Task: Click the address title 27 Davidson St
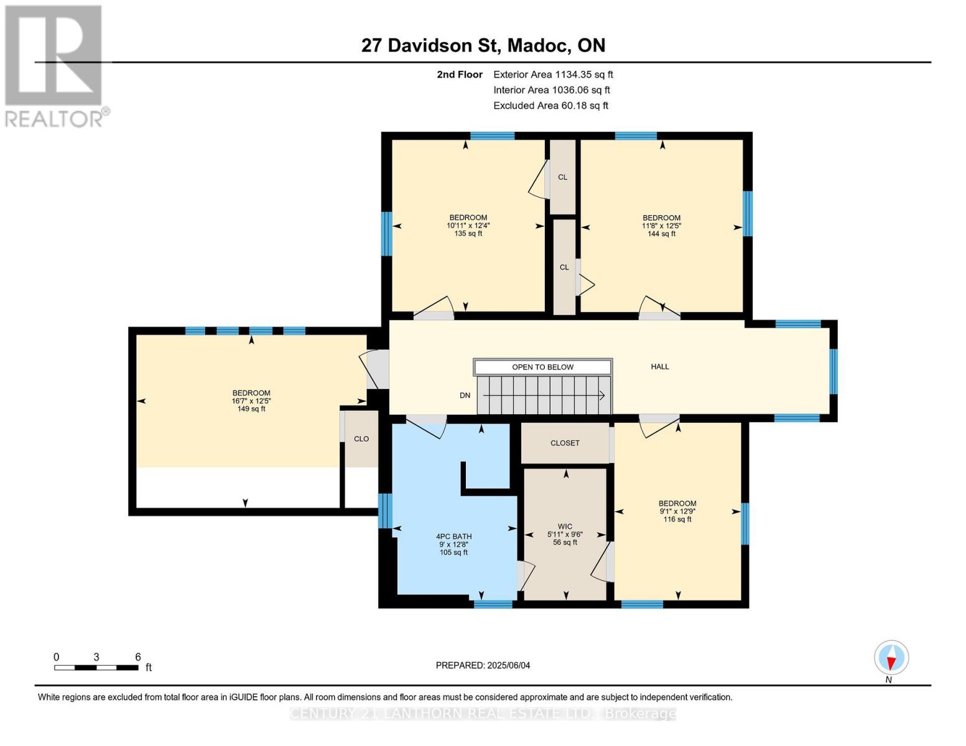pos(483,45)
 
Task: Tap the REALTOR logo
pos(56,66)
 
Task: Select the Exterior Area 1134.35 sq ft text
pos(553,75)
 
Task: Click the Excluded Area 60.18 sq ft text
pos(550,106)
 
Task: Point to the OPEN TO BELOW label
pos(542,367)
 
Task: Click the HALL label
pos(660,367)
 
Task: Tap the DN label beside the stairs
pos(465,396)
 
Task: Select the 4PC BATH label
pos(453,536)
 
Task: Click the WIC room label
pos(565,527)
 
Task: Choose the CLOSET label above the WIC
pos(565,443)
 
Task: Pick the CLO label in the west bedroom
pos(361,439)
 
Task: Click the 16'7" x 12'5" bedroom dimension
pos(251,401)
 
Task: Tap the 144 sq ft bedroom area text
pos(661,234)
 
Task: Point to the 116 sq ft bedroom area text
pos(677,520)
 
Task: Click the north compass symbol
pos(891,658)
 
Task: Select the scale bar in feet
pos(96,668)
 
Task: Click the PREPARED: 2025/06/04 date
pos(483,666)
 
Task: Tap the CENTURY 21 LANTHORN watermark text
pos(483,714)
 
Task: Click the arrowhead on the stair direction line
pos(601,395)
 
